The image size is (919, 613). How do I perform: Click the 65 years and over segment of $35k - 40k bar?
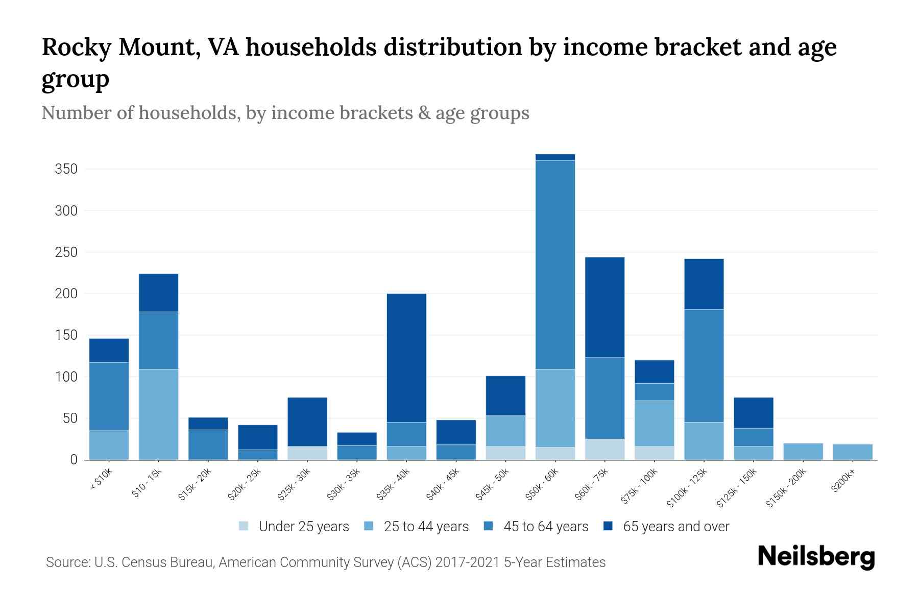pyautogui.click(x=406, y=358)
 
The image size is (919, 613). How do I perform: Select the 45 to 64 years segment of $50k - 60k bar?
pyautogui.click(x=555, y=265)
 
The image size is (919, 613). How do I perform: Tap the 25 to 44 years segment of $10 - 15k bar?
pyautogui.click(x=158, y=414)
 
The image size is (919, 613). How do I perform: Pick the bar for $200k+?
pyautogui.click(x=852, y=452)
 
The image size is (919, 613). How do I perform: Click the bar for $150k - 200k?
pyautogui.click(x=803, y=452)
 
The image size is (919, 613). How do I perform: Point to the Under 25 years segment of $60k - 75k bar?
pyautogui.click(x=604, y=450)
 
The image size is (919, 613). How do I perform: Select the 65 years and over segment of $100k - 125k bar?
pyautogui.click(x=704, y=284)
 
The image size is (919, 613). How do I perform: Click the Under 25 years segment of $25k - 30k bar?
pyautogui.click(x=307, y=453)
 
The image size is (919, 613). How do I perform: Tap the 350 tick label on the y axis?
pyautogui.click(x=66, y=169)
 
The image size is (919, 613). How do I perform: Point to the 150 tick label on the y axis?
pyautogui.click(x=66, y=335)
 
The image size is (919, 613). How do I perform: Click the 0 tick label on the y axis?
pyautogui.click(x=74, y=460)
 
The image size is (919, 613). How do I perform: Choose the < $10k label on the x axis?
pyautogui.click(x=101, y=480)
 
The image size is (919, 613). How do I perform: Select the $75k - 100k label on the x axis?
pyautogui.click(x=639, y=487)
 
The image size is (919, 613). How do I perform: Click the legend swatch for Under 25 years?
pyautogui.click(x=244, y=526)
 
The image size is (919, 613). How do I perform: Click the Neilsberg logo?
pyautogui.click(x=816, y=556)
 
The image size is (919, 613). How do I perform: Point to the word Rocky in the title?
pyautogui.click(x=76, y=48)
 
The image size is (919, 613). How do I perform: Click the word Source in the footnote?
pyautogui.click(x=66, y=562)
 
